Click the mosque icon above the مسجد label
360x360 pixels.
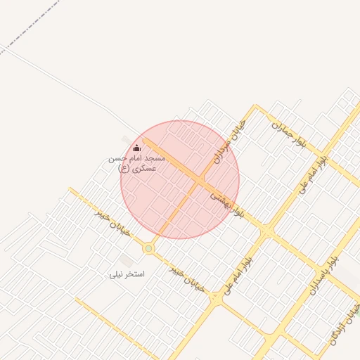click(136, 148)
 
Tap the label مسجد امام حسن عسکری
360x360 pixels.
click(136, 164)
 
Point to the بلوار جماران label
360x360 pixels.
click(290, 132)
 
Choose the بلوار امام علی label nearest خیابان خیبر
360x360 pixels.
click(238, 270)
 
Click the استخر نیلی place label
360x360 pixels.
click(127, 274)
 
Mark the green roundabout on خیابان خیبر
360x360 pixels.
click(148, 248)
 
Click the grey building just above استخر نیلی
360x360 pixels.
click(127, 260)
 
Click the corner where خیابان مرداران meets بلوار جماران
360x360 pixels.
click(256, 107)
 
